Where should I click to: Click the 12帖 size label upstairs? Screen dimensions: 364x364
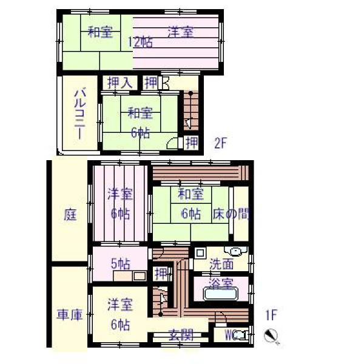(x=141, y=42)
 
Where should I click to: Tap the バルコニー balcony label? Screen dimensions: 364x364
(x=80, y=113)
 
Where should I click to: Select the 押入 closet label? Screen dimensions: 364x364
(x=120, y=83)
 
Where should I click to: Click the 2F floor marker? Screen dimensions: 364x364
(x=220, y=143)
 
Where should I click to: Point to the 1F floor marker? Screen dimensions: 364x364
(x=271, y=315)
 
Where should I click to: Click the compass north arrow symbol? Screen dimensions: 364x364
(x=272, y=336)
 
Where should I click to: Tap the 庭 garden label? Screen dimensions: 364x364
(x=70, y=215)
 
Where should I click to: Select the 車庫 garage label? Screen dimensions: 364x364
(x=70, y=314)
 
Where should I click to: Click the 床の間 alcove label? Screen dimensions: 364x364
(x=231, y=214)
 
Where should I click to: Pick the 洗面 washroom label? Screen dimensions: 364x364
(x=221, y=264)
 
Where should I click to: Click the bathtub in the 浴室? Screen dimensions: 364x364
(x=221, y=294)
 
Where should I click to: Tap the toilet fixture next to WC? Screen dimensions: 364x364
(x=243, y=335)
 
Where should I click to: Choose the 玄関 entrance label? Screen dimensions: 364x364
(x=181, y=335)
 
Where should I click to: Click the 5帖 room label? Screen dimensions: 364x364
(x=121, y=263)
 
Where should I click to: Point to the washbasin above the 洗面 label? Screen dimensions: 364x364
(x=236, y=251)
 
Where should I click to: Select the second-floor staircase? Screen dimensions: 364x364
(x=191, y=111)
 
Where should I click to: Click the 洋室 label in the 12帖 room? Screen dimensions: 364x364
(x=181, y=32)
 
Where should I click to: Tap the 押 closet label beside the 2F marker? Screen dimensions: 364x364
(x=192, y=143)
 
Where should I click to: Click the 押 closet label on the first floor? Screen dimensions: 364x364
(x=161, y=274)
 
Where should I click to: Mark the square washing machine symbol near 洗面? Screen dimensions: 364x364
(x=200, y=253)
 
